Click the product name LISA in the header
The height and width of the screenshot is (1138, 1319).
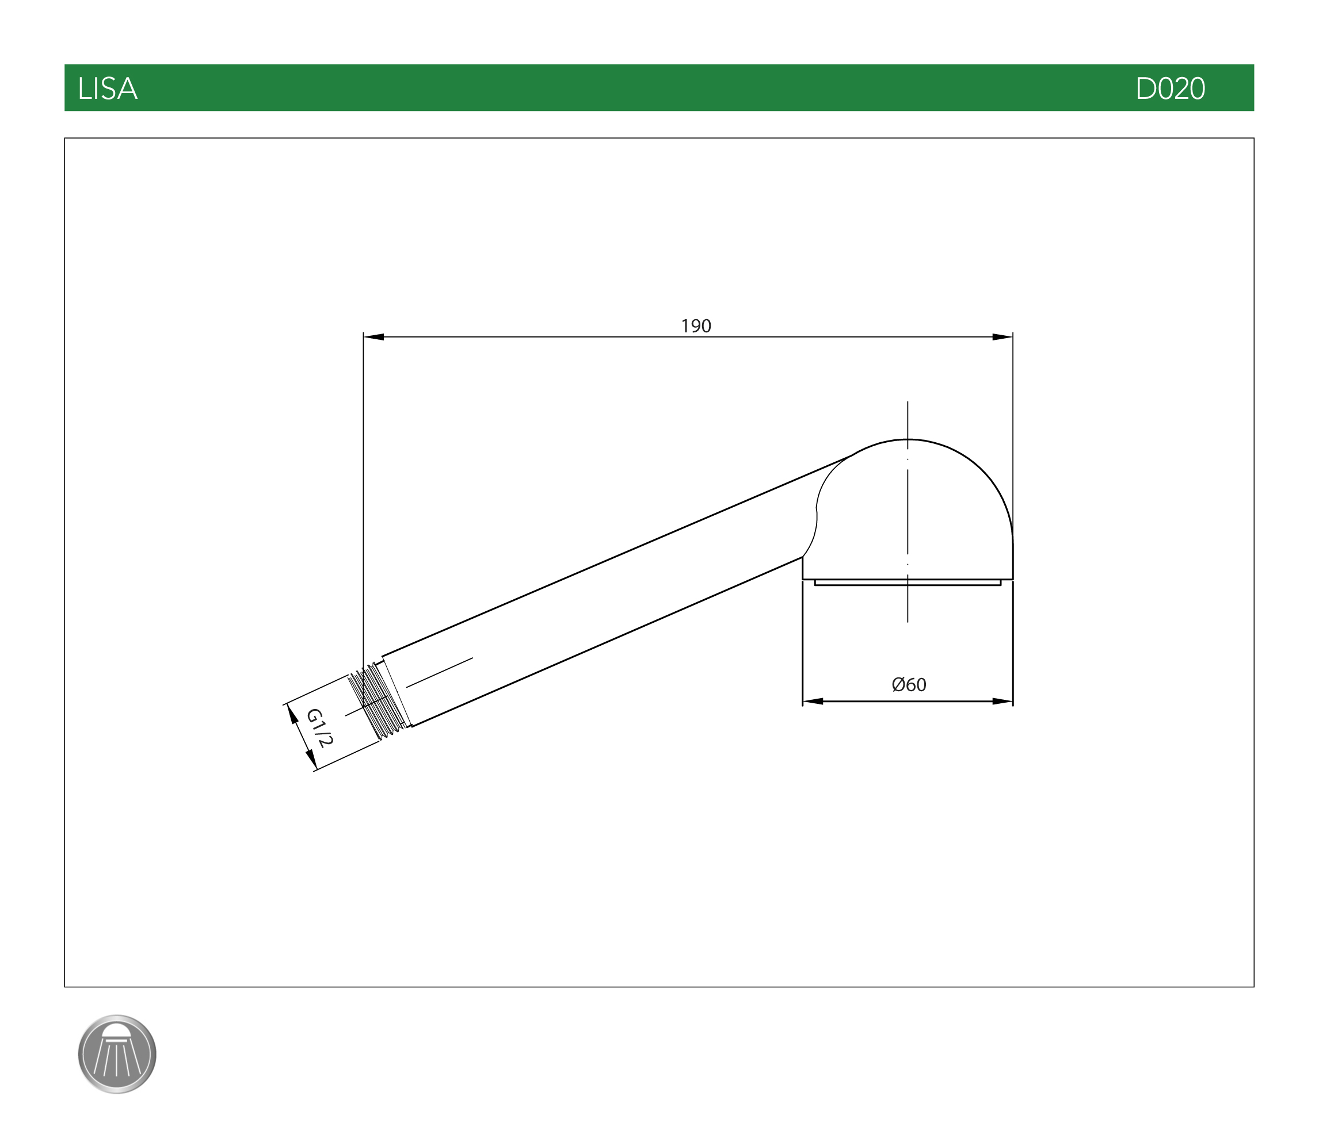[x=108, y=89]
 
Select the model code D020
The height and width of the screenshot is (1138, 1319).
[x=1170, y=89]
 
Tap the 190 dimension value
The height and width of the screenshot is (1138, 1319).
[x=696, y=326]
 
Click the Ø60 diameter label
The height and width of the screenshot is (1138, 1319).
[x=909, y=685]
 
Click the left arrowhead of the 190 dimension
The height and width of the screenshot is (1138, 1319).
[x=373, y=337]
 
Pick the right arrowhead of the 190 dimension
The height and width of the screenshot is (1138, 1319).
[x=1002, y=337]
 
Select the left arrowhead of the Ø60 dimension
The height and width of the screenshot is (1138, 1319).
[x=813, y=702]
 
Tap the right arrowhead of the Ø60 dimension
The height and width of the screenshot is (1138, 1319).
[x=1002, y=702]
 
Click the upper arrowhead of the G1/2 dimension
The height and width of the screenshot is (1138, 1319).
[x=293, y=714]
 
